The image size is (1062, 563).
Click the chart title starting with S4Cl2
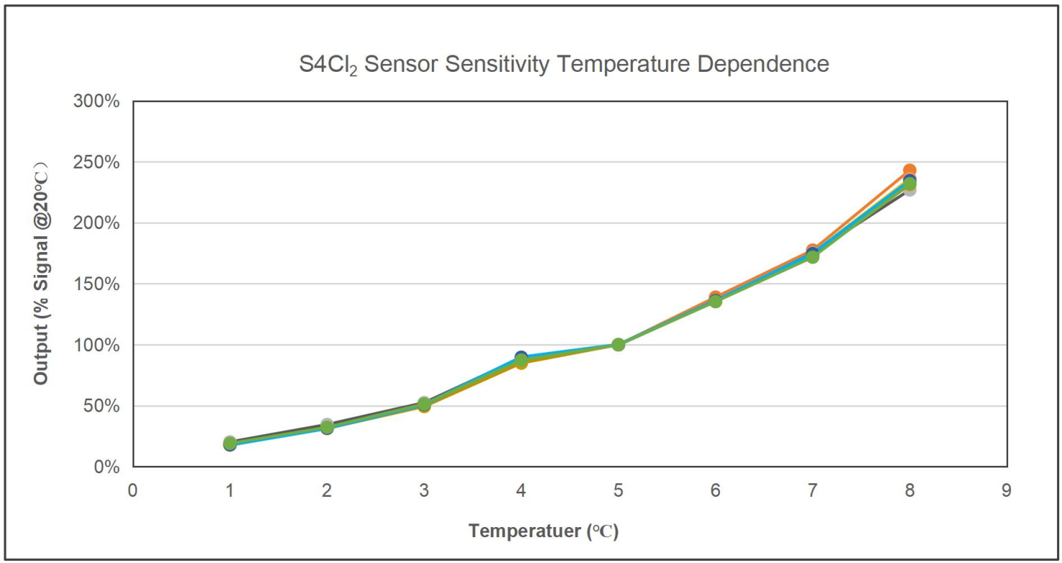(564, 65)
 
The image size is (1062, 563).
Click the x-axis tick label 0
(132, 490)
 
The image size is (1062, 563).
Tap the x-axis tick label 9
(1006, 490)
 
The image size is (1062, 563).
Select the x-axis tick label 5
(618, 490)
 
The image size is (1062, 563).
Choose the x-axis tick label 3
(424, 490)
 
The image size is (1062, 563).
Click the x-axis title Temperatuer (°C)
(543, 531)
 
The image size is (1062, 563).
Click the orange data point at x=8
(909, 171)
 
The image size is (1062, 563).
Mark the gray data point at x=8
(910, 190)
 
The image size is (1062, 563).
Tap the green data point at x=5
(618, 345)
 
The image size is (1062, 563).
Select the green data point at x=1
(230, 442)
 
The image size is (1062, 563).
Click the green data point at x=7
(812, 256)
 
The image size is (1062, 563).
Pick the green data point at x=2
(327, 427)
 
